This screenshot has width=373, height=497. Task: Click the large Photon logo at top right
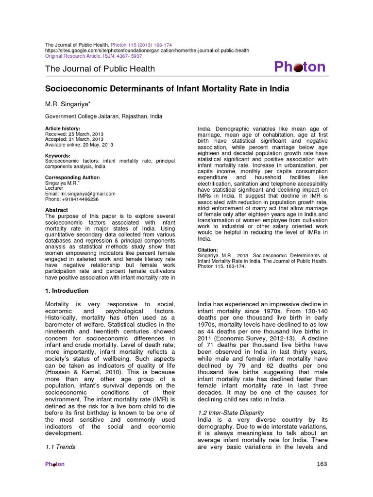coord(300,67)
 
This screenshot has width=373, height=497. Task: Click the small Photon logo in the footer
coord(54,464)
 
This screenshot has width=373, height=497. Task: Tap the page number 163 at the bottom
coord(322,464)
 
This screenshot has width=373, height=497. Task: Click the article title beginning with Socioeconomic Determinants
coord(167,89)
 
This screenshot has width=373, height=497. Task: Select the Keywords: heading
coord(59,155)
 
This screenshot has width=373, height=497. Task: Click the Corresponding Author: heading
coord(72,178)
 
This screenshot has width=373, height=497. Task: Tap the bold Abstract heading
coord(56,210)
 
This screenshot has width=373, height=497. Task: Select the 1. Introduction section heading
coord(67,291)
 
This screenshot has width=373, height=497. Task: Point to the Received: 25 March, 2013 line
coord(74,134)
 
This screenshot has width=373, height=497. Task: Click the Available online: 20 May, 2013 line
coord(79,145)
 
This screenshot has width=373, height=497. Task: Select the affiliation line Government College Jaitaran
coord(104,116)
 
